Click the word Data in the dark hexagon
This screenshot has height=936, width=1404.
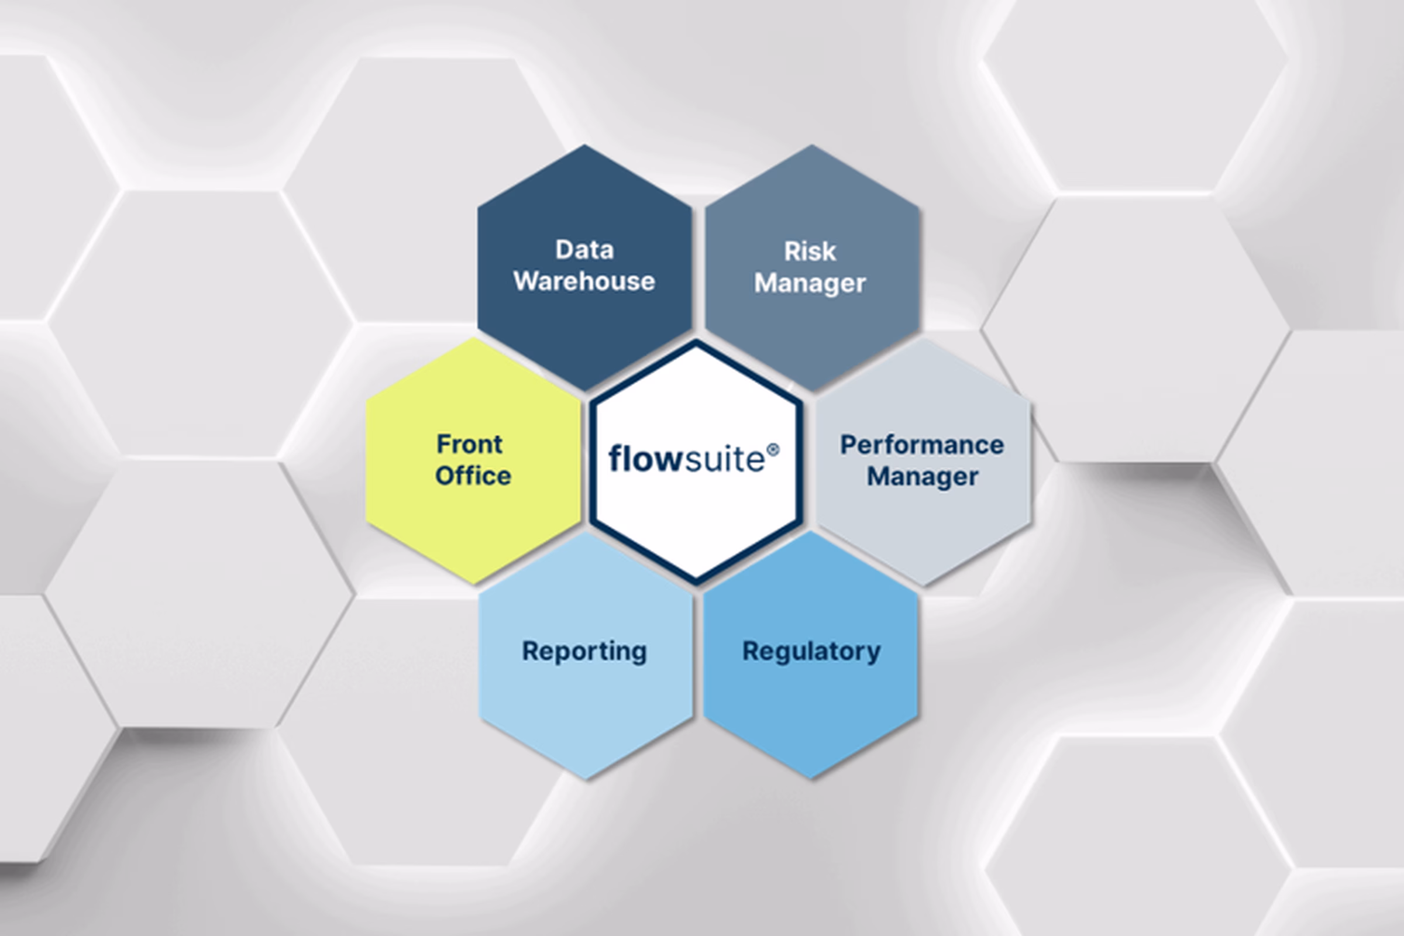coord(584,250)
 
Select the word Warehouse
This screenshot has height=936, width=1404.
coord(584,281)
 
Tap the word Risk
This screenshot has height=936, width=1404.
coord(810,252)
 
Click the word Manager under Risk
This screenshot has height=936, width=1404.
coord(810,283)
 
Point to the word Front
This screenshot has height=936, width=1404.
coord(469,444)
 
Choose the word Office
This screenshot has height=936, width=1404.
coord(473,476)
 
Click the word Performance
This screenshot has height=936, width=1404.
coord(922,445)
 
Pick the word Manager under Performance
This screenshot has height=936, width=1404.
coord(922,476)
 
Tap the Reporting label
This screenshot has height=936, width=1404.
coord(584,651)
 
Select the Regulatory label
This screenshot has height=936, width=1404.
coord(811,651)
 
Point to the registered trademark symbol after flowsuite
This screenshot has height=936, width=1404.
coord(772,449)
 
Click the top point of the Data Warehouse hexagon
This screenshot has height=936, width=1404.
coord(584,146)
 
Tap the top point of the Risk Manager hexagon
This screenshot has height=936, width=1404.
coord(811,146)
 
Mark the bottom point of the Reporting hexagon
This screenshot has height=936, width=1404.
coord(586,779)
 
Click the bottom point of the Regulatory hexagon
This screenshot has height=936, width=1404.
coord(811,778)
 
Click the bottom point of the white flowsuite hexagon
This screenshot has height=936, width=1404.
coord(696,581)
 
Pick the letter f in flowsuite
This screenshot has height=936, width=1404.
coord(615,459)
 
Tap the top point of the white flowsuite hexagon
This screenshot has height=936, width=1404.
coord(696,342)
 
